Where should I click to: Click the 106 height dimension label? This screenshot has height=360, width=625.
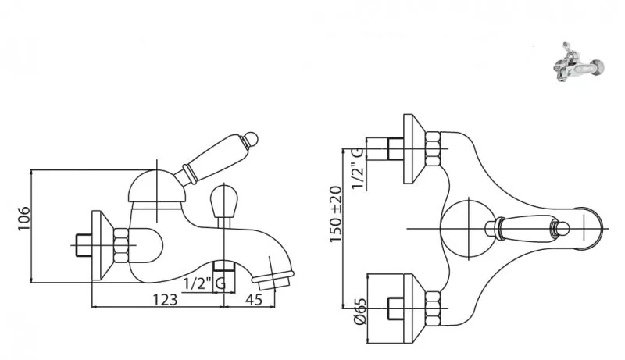(24, 218)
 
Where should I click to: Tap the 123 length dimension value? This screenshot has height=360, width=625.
(165, 299)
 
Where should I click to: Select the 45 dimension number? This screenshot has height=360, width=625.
(254, 299)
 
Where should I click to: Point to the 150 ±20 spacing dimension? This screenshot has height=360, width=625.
(336, 214)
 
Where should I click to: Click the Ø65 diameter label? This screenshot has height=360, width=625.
(359, 312)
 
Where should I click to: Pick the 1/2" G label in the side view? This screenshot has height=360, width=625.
(205, 284)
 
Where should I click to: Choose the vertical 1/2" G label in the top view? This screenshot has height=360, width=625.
(357, 169)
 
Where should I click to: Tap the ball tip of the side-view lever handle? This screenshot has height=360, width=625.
(252, 137)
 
